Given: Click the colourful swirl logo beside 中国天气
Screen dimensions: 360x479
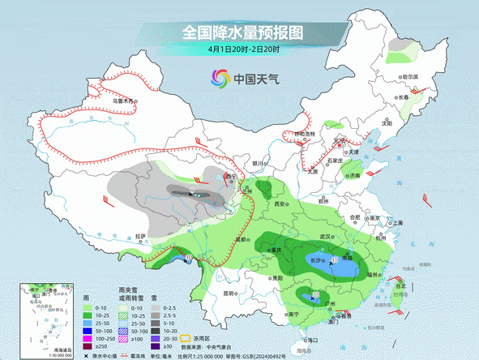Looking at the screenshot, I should (x=220, y=79).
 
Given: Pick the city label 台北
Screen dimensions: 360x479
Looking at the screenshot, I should (x=400, y=285).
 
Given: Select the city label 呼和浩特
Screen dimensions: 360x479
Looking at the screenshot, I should (x=305, y=133).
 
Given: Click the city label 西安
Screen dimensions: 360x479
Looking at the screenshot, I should (x=281, y=204).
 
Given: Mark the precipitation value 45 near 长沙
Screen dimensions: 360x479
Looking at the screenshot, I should (x=336, y=259).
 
